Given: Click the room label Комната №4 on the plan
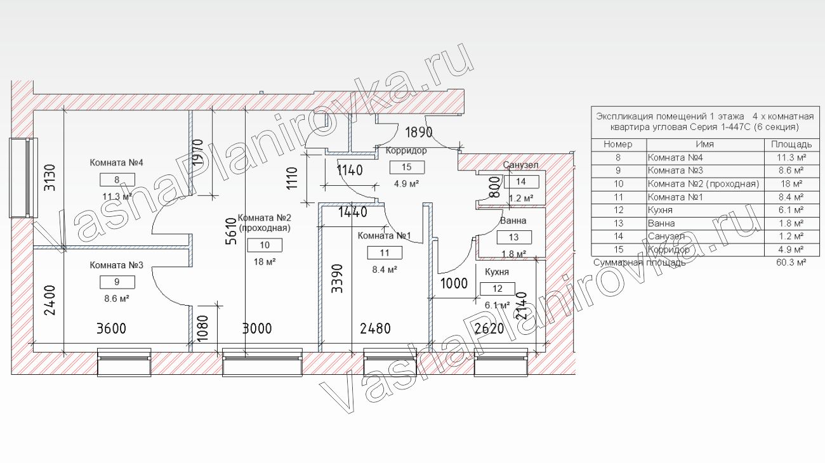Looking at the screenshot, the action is tap(116, 162).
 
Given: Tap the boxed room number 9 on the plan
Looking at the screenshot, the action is tap(117, 282).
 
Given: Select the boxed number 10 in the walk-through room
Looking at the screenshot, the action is tap(265, 245).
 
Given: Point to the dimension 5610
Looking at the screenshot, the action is tap(231, 231).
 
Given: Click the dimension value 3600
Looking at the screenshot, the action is tap(111, 329).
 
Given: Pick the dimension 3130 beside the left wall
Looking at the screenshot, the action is tap(49, 178).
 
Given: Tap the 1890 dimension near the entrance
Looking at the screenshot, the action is tap(419, 132).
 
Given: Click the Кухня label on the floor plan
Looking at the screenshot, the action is tap(497, 272).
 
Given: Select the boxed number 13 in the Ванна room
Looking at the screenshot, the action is tap(514, 237).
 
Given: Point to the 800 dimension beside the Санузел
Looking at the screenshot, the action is tap(496, 186).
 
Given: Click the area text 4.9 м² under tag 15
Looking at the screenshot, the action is tap(406, 183).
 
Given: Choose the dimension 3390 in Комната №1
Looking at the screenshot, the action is tap(337, 278).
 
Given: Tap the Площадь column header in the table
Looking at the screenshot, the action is tap(791, 144).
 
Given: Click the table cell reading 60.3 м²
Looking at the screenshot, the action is tap(791, 263).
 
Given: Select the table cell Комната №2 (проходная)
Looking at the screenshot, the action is tap(703, 184).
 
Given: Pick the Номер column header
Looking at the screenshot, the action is tap(618, 144).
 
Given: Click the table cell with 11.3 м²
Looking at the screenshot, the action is tap(791, 157).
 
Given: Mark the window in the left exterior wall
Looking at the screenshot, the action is tap(23, 178).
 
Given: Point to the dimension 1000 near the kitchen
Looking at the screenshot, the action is tap(454, 284).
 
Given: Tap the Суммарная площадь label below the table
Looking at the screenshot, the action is tap(640, 263).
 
